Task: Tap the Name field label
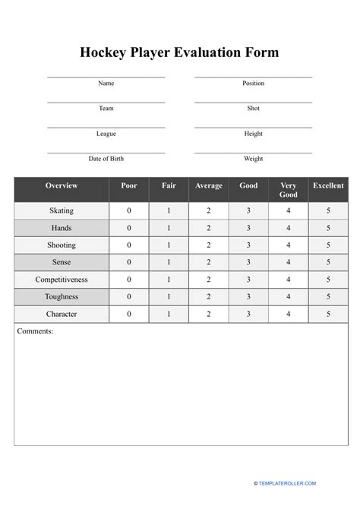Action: [x=106, y=84]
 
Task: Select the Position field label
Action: [x=253, y=84]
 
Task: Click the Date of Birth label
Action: [x=106, y=159]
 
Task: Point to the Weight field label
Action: [x=253, y=159]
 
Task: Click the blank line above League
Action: [x=106, y=127]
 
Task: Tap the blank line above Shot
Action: [x=253, y=102]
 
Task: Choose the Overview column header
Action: [x=62, y=186]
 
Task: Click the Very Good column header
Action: [x=289, y=190]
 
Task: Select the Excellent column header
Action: [x=328, y=186]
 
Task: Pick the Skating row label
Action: [x=62, y=210]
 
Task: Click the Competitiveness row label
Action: [x=62, y=280]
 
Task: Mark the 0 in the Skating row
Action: [x=129, y=210]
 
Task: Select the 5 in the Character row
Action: [x=328, y=314]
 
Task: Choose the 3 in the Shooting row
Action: [x=248, y=245]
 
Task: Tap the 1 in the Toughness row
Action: [x=169, y=297]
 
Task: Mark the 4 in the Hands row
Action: [x=289, y=228]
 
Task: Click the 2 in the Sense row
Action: [x=209, y=263]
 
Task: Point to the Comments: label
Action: [x=35, y=331]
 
